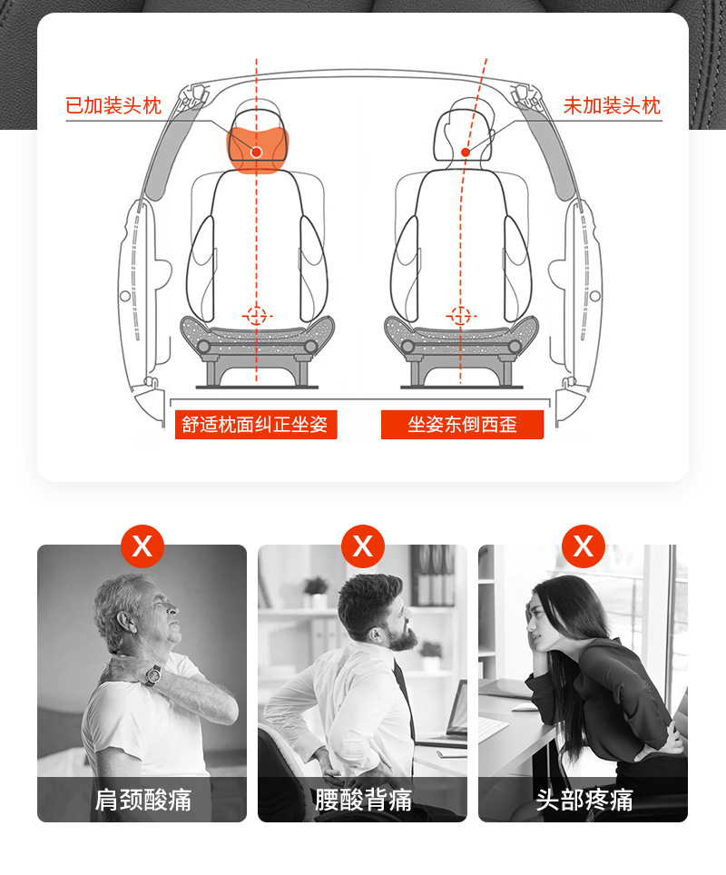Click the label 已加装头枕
(x=113, y=105)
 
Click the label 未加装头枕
(x=613, y=105)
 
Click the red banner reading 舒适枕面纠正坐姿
(x=256, y=425)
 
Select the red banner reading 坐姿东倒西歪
(x=462, y=425)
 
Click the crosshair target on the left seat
(x=256, y=316)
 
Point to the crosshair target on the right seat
(x=460, y=316)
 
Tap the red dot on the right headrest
(x=466, y=152)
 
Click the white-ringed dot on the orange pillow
(x=256, y=152)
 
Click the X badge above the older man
(x=142, y=546)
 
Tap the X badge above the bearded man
(x=363, y=546)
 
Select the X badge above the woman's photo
(x=584, y=546)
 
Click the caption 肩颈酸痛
(x=142, y=799)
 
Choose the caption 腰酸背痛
(x=363, y=799)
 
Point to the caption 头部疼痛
(x=584, y=799)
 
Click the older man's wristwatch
(x=152, y=674)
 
